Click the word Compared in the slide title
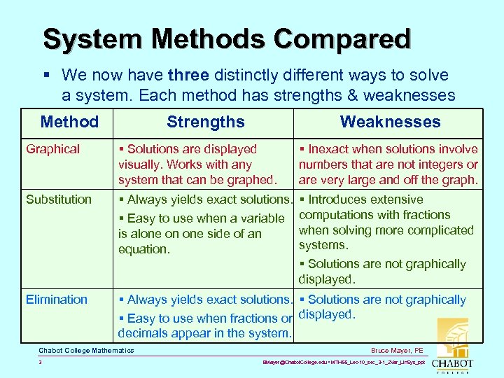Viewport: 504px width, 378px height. tap(342, 38)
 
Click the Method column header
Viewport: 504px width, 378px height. tap(69, 122)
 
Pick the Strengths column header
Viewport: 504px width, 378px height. tap(205, 122)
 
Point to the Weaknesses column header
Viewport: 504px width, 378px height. tap(390, 122)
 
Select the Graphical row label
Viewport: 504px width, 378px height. tap(52, 149)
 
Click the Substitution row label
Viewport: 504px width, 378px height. tap(59, 199)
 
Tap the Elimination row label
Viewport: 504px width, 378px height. tap(57, 300)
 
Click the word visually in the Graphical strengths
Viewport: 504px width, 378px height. tap(140, 164)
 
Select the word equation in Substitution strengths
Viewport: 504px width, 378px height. tap(143, 249)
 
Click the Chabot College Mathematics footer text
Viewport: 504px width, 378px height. tap(86, 350)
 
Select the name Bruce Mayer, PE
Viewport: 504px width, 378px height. tap(397, 350)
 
